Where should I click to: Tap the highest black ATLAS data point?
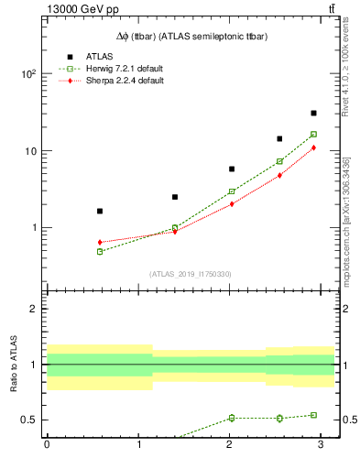313,114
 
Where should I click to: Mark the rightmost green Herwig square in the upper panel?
313,135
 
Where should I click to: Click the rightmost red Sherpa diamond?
313,147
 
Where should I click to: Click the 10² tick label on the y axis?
27,74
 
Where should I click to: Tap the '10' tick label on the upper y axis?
29,151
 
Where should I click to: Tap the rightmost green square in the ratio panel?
313,415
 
